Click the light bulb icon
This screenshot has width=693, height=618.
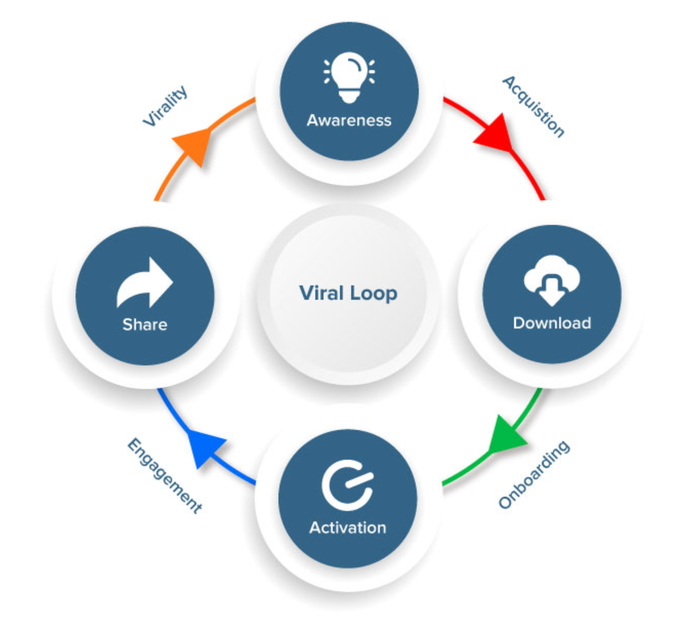[x=349, y=77]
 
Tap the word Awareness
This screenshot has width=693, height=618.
[x=349, y=120]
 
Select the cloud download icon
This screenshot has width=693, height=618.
[x=552, y=279]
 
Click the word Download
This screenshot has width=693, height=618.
[x=552, y=323]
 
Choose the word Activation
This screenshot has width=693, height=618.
[x=348, y=528]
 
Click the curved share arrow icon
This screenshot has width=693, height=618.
[x=144, y=283]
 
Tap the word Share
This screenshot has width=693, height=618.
[x=145, y=324]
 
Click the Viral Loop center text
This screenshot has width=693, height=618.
[x=348, y=293]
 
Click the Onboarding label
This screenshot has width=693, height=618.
[x=534, y=474]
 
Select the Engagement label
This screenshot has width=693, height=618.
[x=164, y=475]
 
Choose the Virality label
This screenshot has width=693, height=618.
[x=165, y=106]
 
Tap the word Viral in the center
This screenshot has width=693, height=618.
[x=321, y=293]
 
